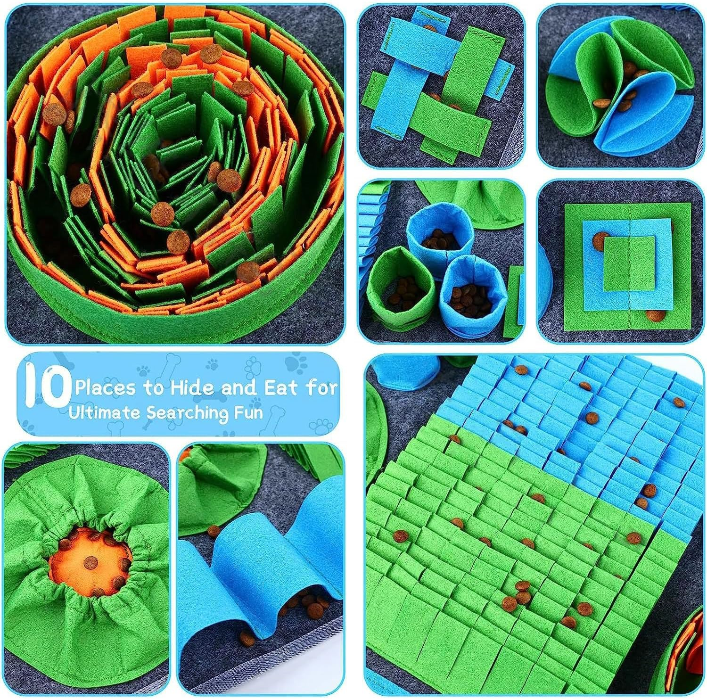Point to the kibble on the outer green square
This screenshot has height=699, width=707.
coord(653,316)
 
